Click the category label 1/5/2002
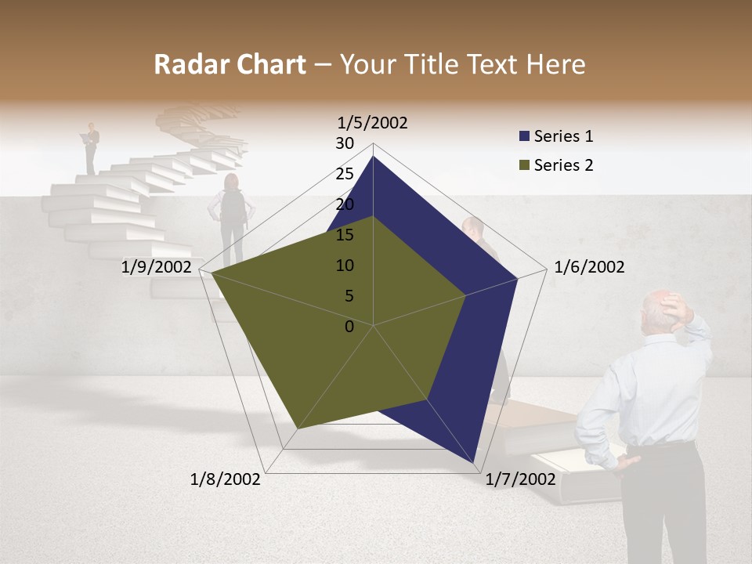[373, 122]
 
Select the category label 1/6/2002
[589, 267]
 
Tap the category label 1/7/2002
[520, 479]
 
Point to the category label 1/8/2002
[226, 479]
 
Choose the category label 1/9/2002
[157, 267]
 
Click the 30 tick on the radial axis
[345, 143]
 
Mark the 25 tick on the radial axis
[345, 174]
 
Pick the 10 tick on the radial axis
[345, 266]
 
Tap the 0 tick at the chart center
[349, 327]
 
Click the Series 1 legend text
[564, 136]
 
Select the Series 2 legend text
[564, 165]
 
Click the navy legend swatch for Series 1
[524, 136]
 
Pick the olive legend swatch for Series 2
[524, 165]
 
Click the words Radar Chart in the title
[230, 64]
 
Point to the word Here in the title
[556, 64]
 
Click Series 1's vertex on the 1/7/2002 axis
[474, 462]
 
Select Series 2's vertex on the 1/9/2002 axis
[211, 273]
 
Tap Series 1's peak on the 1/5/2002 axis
[373, 156]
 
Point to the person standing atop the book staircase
[92, 147]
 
